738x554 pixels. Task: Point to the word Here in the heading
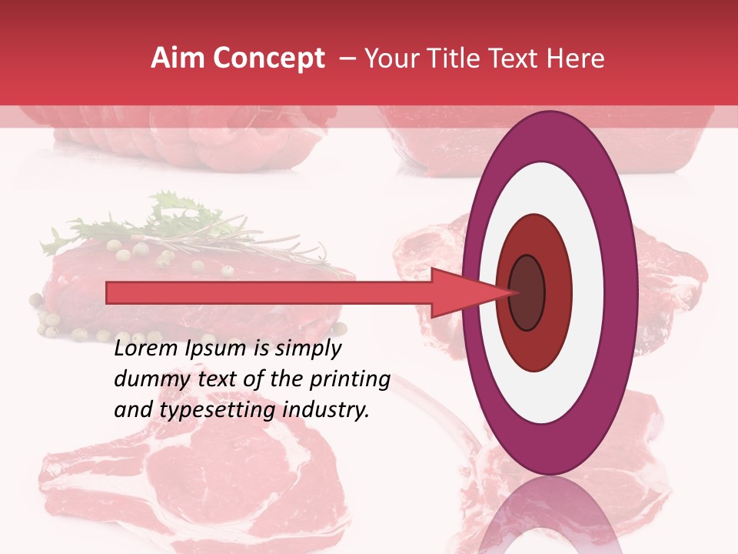coord(577,58)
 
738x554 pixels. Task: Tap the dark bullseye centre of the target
coord(527,292)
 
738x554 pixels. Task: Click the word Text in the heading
coord(520,58)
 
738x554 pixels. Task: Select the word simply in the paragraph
coord(307,349)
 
